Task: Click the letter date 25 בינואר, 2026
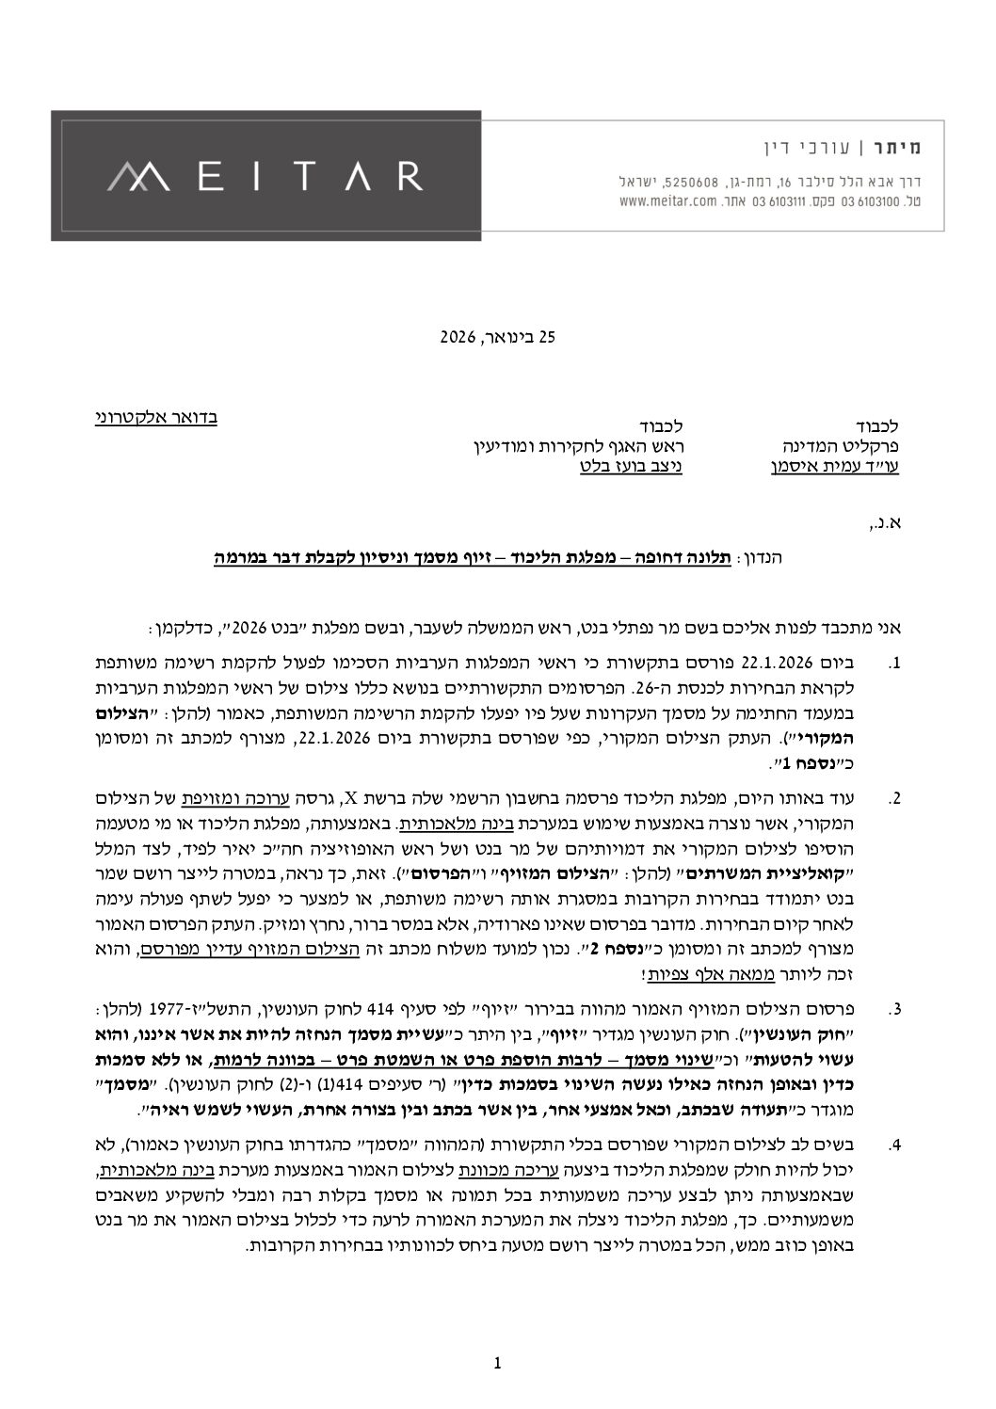pyautogui.click(x=500, y=335)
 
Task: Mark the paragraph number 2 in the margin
pyautogui.click(x=894, y=799)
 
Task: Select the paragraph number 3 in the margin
pyautogui.click(x=894, y=1010)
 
